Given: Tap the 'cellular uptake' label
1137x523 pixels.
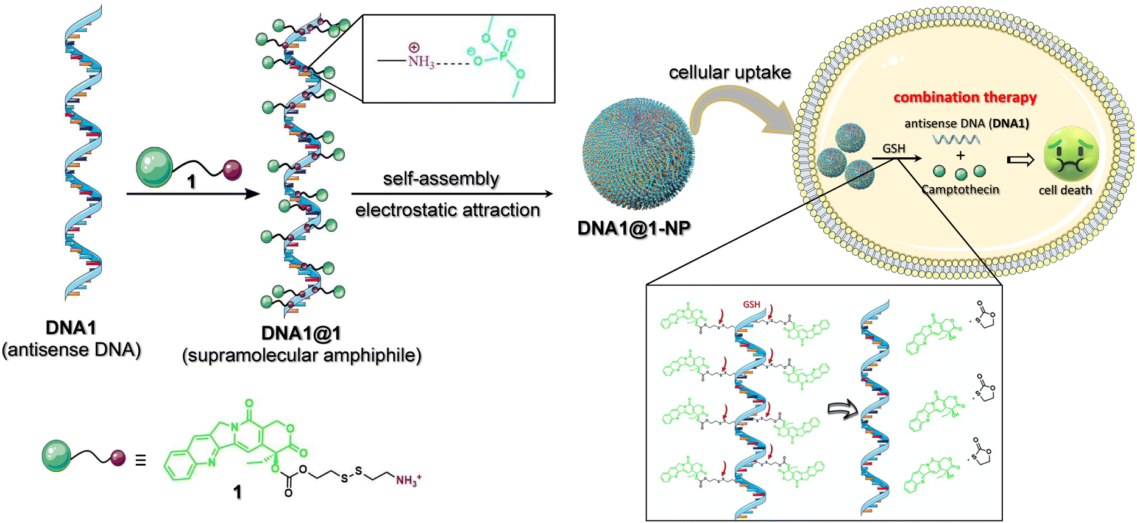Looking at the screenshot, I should (729, 73).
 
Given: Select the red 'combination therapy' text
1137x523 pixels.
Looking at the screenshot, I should (965, 98).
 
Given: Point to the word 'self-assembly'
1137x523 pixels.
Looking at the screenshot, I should (441, 179).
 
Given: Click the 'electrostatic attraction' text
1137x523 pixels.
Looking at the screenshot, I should (447, 210).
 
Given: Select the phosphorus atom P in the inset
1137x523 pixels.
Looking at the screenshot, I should (503, 56).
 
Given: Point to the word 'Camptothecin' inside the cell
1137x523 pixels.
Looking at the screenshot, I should (960, 190).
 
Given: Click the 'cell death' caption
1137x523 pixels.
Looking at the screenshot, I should (1064, 190).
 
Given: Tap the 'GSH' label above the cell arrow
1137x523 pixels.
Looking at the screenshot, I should (894, 149).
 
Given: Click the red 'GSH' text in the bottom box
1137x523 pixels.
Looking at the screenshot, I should (751, 304).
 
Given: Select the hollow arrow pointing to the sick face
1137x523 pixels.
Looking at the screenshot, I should (1021, 160).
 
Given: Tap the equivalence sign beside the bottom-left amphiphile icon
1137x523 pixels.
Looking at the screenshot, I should (140, 460).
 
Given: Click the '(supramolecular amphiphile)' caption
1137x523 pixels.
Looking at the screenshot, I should (302, 355).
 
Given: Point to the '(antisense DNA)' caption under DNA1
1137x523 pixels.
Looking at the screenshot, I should (71, 350).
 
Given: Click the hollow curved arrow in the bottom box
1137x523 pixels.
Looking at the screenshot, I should (842, 410).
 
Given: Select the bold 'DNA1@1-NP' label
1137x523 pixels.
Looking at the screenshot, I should (634, 228).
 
